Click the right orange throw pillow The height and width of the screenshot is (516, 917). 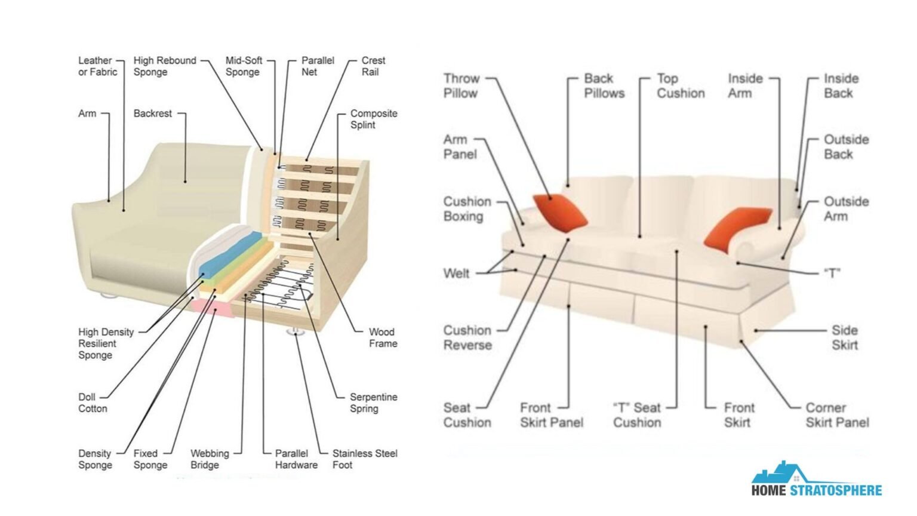tap(737, 227)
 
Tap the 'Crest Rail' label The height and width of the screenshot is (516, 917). tap(373, 66)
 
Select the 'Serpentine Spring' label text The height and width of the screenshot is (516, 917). tap(373, 403)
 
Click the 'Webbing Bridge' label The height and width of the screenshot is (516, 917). tap(210, 459)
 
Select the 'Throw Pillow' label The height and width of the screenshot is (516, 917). tap(461, 86)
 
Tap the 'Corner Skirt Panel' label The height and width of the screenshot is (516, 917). tap(837, 415)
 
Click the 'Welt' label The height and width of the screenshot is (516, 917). tap(456, 274)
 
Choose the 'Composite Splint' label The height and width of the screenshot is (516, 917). tap(373, 119)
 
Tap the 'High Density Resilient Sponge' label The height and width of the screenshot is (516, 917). tap(106, 343)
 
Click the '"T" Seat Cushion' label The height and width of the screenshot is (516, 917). tap(637, 415)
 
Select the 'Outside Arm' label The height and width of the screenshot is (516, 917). tap(846, 208)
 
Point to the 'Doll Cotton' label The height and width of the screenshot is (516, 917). tap(93, 403)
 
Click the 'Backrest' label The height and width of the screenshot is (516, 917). tap(152, 113)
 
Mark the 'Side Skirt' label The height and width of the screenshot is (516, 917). tap(845, 337)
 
